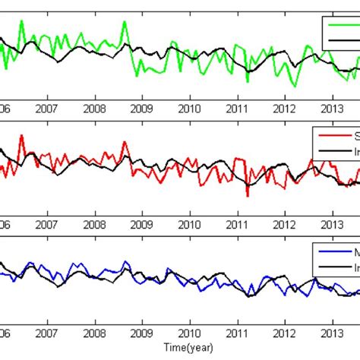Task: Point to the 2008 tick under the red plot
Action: click(94, 225)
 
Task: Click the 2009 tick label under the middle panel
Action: click(142, 225)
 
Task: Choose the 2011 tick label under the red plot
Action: click(237, 225)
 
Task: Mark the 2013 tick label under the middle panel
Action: click(332, 225)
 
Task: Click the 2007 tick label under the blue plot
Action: click(46, 334)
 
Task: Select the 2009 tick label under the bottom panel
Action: click(142, 334)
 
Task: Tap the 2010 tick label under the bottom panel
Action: click(189, 334)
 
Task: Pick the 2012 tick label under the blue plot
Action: click(284, 334)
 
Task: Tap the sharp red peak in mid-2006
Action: click(21, 136)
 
